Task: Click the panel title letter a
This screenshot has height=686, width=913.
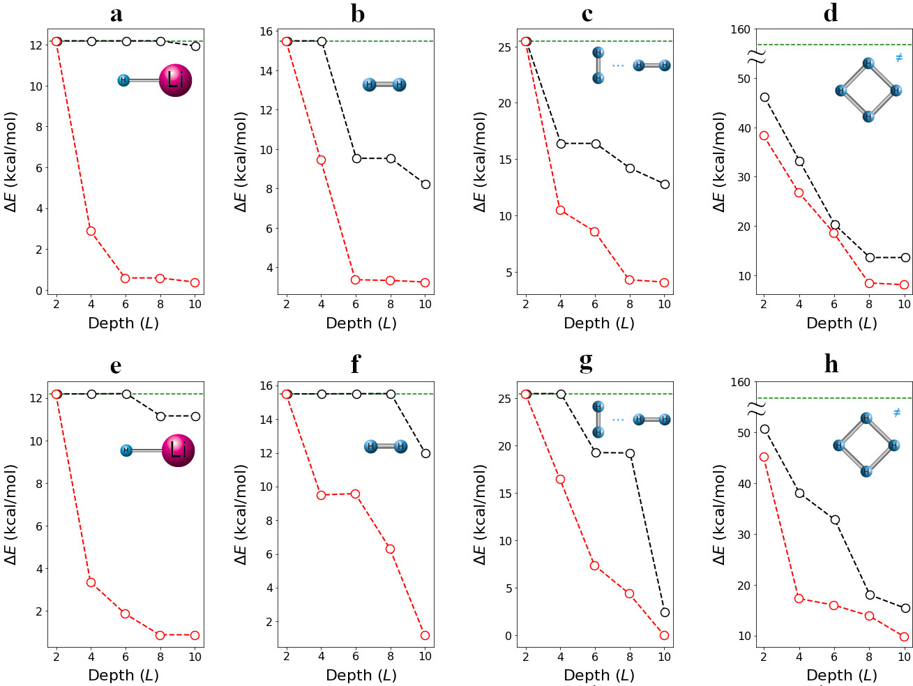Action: pos(116,13)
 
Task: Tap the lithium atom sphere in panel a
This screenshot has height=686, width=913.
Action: pos(175,80)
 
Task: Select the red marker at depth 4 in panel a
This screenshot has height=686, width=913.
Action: pos(91,231)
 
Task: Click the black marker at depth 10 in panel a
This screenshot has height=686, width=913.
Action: pos(195,46)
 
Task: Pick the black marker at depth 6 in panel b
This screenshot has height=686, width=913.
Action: pos(356,158)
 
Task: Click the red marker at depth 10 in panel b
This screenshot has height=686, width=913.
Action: pos(425,282)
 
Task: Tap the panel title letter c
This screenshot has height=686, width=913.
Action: pos(587,13)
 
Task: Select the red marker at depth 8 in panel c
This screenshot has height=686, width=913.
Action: pos(630,280)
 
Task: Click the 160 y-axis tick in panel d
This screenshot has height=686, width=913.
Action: pos(741,30)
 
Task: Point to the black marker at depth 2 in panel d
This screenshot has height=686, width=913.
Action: pos(764,97)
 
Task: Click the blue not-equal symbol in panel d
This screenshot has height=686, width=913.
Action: pos(899,57)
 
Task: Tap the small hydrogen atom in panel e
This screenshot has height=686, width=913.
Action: pos(126,450)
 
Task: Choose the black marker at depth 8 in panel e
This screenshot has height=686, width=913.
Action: pos(160,416)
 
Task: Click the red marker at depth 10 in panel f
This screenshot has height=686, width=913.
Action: pos(425,635)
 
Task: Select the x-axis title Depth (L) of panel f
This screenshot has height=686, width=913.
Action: pos(361,675)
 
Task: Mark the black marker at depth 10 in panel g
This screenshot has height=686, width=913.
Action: pos(665,612)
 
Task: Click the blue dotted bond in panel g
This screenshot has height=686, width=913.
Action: pos(618,420)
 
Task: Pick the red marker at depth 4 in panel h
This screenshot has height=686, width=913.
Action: pos(799,598)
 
